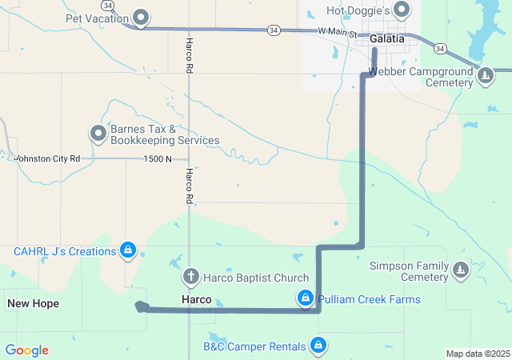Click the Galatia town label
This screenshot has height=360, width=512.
(387, 38)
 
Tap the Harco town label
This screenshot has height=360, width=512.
(196, 299)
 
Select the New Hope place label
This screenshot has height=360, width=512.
(33, 303)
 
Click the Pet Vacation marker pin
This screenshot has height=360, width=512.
(142, 17)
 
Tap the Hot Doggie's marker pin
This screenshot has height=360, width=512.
(402, 10)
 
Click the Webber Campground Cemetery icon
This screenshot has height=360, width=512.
(485, 76)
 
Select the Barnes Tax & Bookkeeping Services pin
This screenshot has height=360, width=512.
(98, 133)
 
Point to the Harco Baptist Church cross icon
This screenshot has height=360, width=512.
(190, 278)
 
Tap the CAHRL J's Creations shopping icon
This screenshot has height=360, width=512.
(127, 251)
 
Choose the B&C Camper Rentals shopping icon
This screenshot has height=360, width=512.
(318, 346)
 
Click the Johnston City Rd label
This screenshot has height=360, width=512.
(48, 158)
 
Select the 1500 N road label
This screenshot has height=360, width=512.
(158, 158)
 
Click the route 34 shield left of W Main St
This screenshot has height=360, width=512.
(274, 30)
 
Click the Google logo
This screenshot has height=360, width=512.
(26, 350)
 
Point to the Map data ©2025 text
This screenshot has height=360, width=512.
(477, 354)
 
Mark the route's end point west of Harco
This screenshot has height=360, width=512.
(140, 306)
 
